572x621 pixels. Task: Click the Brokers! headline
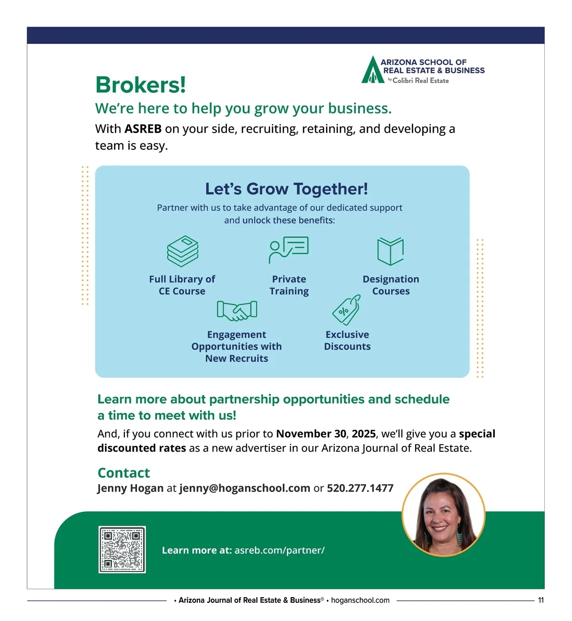click(141, 85)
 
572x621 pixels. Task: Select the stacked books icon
click(183, 251)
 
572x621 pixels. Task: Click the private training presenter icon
click(289, 249)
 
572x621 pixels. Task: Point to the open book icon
click(390, 251)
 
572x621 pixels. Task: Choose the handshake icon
click(237, 310)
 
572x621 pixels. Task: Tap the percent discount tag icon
click(346, 310)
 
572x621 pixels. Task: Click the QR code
click(122, 549)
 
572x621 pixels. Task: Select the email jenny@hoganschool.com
click(245, 488)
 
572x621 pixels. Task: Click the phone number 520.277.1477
click(360, 488)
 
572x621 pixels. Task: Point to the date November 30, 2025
click(326, 434)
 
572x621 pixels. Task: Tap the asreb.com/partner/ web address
click(279, 550)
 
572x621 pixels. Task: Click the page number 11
click(541, 600)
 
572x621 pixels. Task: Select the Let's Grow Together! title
click(286, 189)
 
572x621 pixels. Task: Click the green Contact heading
click(123, 473)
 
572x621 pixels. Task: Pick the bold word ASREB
click(143, 129)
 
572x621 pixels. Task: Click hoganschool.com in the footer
click(360, 600)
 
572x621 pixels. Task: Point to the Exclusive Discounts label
click(347, 341)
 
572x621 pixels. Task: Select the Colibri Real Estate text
click(420, 81)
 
